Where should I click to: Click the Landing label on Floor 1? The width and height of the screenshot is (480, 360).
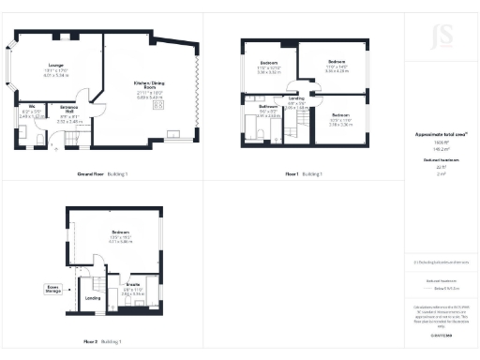pyautogui.click(x=295, y=99)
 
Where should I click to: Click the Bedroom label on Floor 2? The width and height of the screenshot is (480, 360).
pyautogui.click(x=121, y=232)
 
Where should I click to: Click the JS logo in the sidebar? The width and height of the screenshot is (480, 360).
pyautogui.click(x=441, y=37)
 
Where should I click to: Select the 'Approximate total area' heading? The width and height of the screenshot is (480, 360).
pyautogui.click(x=441, y=134)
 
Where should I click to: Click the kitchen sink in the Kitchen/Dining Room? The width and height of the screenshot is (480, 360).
pyautogui.click(x=173, y=131)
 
